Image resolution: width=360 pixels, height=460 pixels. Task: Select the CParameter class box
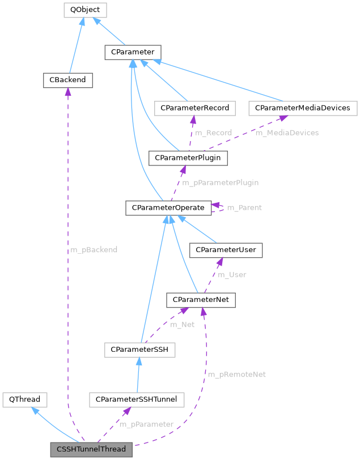133,52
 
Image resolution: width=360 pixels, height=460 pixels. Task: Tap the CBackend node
67,80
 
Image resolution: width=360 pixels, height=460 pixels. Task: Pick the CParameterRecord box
194,108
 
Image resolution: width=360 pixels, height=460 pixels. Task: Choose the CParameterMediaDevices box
303,108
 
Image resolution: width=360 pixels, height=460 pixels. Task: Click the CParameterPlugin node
188,157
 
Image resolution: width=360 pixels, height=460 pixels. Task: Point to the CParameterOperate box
168,208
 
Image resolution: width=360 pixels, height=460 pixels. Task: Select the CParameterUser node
226,250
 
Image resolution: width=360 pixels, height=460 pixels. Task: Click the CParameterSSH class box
139,350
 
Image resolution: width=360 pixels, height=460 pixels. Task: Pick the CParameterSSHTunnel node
136,400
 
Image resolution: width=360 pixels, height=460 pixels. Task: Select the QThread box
24,400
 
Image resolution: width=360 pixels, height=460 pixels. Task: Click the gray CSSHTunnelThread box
91,450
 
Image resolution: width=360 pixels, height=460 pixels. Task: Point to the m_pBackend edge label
94,250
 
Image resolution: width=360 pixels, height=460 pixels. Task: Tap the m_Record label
213,133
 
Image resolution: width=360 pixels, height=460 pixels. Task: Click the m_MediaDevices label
287,133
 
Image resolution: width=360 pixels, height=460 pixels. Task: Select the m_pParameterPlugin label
220,182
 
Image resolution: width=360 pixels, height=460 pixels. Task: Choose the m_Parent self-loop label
244,208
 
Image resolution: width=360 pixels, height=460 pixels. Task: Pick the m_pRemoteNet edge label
236,375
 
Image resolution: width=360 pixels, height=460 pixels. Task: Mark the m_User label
233,275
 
